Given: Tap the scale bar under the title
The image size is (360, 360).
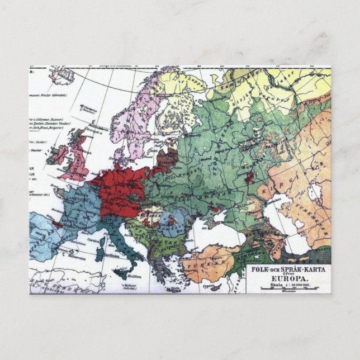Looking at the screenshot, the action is point(287,288).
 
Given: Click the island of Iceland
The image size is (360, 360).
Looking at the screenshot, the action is point(61,74).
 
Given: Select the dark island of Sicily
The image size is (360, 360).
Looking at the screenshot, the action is point(121,274).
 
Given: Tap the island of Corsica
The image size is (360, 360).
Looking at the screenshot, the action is point(101,241).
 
